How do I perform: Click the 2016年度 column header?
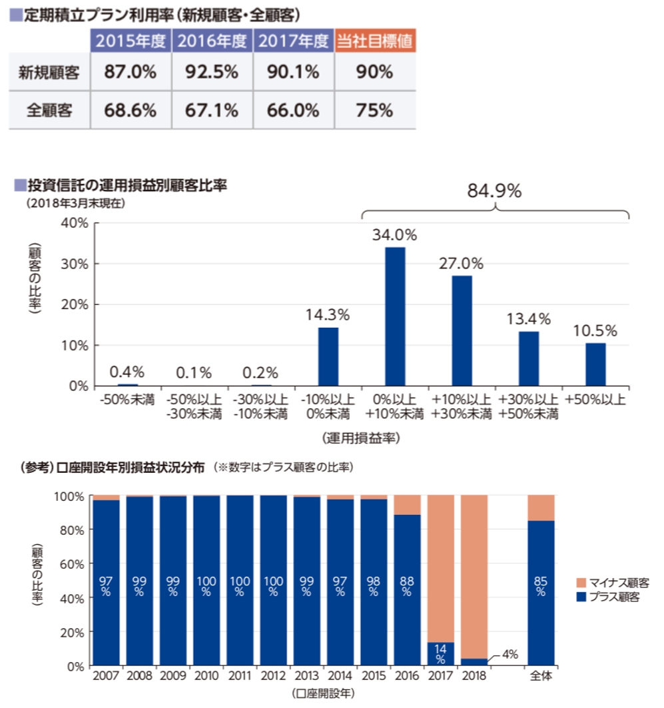coord(212,41)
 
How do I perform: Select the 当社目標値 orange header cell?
coord(375,41)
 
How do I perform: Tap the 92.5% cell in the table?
coord(212,72)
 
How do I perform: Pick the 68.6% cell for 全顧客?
coord(130,110)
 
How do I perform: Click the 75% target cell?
coord(375,110)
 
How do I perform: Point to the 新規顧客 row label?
coord(49,72)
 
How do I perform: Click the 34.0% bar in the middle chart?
coord(395,316)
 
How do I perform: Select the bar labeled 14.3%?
coord(328,356)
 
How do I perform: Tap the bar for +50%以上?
coord(595,364)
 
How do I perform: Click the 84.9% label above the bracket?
coord(494,191)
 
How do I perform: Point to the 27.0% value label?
coord(462,262)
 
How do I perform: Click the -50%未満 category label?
coord(127,400)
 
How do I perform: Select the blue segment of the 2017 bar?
coord(440,653)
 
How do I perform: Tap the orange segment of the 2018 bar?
coord(474,577)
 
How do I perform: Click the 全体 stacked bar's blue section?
coord(540,593)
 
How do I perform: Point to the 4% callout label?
coord(510,654)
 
